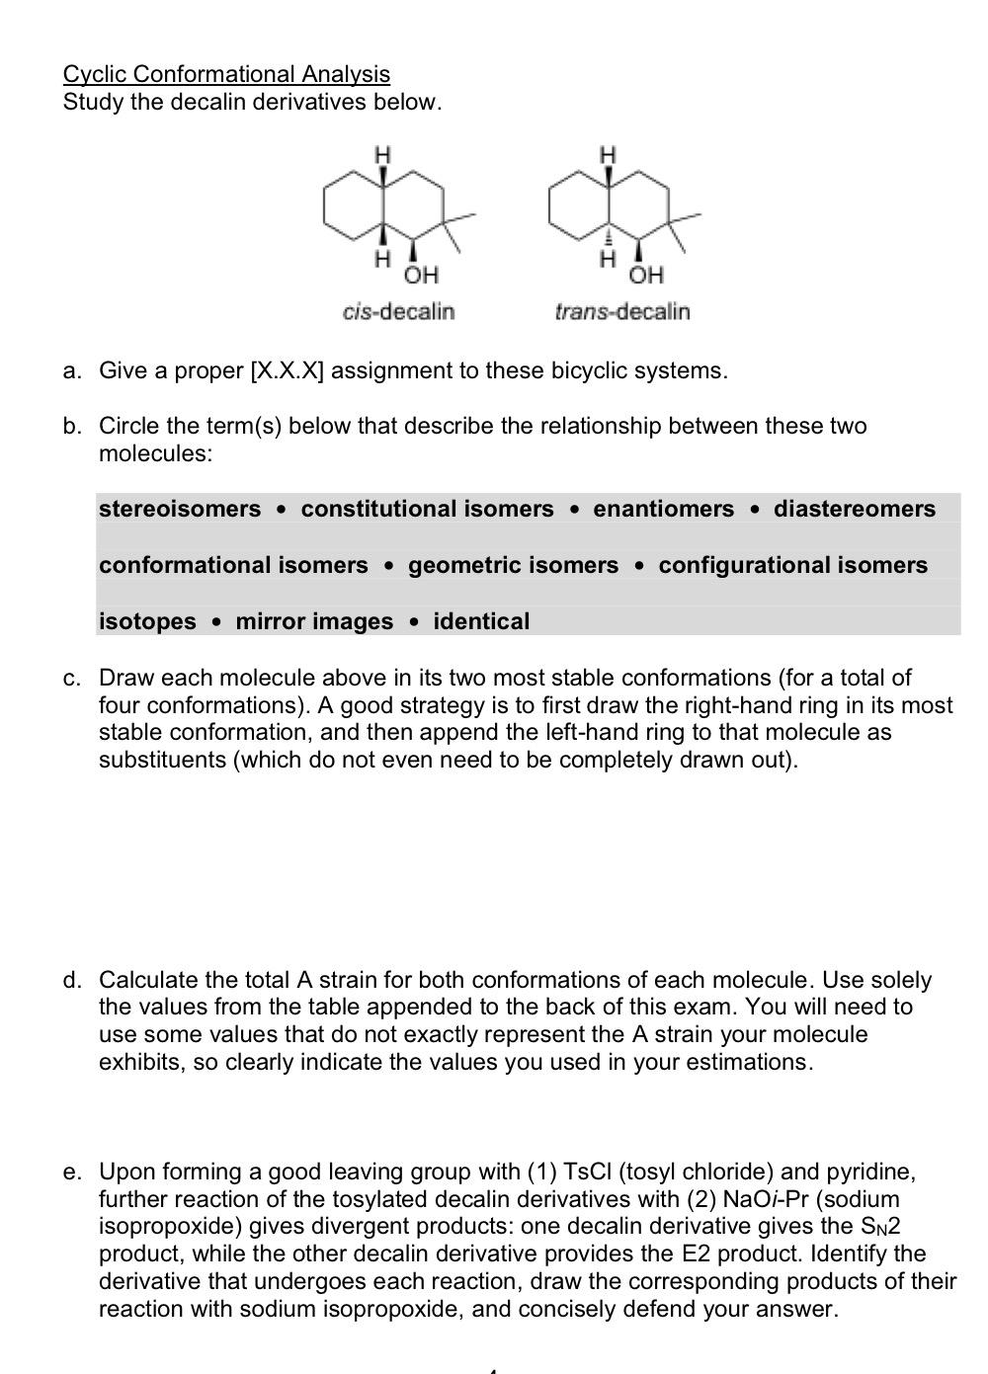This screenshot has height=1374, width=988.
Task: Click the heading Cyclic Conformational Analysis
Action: pyautogui.click(x=226, y=74)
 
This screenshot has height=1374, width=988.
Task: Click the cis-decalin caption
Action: pyautogui.click(x=398, y=312)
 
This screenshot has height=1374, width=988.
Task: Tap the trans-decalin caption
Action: pyautogui.click(x=622, y=312)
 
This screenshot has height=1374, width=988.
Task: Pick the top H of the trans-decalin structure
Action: pyautogui.click(x=610, y=153)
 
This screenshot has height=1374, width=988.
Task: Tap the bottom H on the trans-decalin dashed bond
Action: pyautogui.click(x=610, y=259)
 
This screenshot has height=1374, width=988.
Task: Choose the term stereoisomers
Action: pyautogui.click(x=180, y=509)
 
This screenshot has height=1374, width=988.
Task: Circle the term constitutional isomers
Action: pyautogui.click(x=427, y=509)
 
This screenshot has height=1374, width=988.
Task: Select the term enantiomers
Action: pyautogui.click(x=663, y=509)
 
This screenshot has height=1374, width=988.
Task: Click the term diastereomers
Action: pyautogui.click(x=854, y=509)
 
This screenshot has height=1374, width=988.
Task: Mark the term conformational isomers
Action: pyautogui.click(x=233, y=565)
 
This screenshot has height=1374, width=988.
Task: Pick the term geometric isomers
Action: pyautogui.click(x=513, y=565)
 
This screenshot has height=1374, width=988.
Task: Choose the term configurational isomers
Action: pyautogui.click(x=792, y=565)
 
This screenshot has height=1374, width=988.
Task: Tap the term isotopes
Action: pyautogui.click(x=147, y=621)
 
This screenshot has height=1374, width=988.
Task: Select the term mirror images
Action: pyautogui.click(x=314, y=621)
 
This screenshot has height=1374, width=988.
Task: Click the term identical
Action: pyautogui.click(x=481, y=621)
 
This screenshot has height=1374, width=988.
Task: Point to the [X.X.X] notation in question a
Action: pyautogui.click(x=288, y=371)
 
